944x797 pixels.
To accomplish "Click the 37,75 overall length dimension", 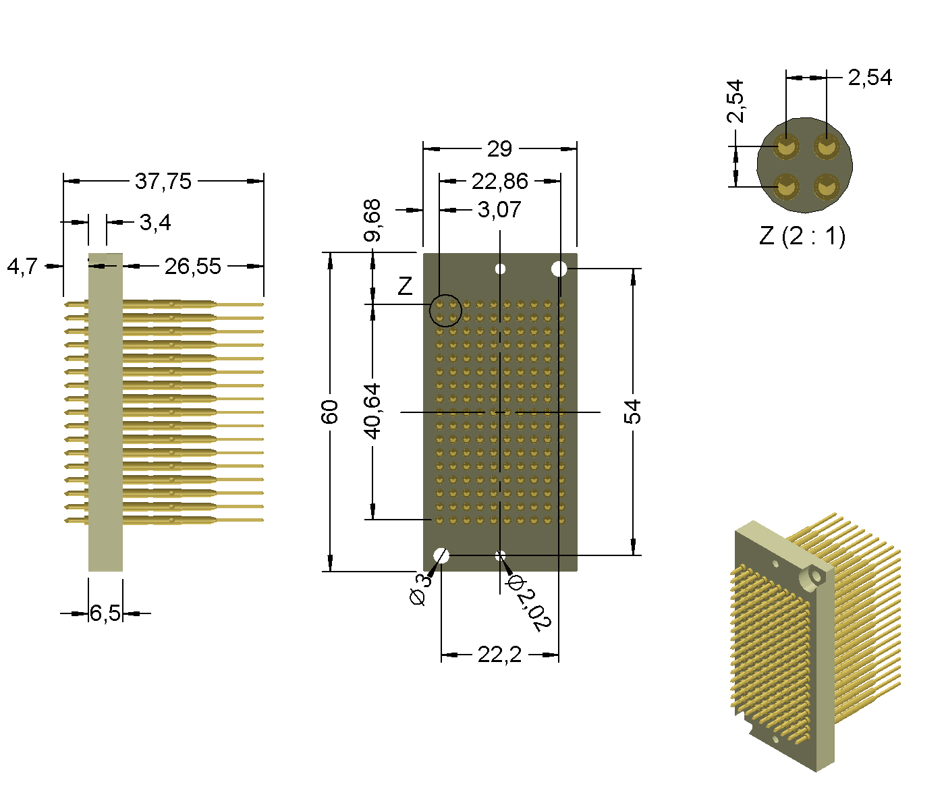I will tap(163, 181).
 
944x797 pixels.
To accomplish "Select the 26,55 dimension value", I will tap(192, 267).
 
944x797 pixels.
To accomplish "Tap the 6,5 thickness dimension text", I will tap(105, 613).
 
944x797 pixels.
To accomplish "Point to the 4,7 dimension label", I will tap(22, 267).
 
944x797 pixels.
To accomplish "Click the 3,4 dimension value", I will tap(155, 222).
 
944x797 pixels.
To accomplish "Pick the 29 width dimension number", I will tap(499, 148).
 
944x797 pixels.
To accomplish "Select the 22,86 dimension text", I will tap(499, 181).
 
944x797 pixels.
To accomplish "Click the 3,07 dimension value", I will tap(499, 210).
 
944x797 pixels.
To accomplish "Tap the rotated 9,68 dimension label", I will tap(372, 221).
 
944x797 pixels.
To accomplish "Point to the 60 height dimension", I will tap(329, 412).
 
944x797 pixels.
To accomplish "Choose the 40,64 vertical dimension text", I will tap(372, 411).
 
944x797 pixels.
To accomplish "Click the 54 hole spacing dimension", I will tap(632, 412).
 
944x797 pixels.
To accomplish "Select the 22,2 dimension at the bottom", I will tap(499, 655).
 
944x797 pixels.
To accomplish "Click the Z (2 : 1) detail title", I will tap(802, 236).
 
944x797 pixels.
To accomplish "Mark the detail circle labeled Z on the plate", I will tap(446, 310).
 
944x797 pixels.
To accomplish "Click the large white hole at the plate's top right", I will tap(559, 269).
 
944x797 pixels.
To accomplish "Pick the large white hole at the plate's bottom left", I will tap(441, 555).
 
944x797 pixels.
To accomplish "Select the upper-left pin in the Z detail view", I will tap(786, 146).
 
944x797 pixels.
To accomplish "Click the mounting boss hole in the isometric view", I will tap(816, 576).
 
